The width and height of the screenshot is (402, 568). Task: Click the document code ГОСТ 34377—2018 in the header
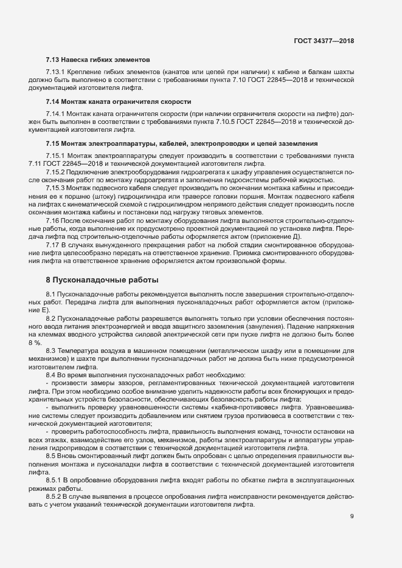point(324,41)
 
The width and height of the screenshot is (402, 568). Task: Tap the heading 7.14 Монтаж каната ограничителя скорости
point(119,101)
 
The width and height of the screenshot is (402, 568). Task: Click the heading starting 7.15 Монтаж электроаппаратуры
point(182,143)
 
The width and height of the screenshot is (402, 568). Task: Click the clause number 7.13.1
point(57,73)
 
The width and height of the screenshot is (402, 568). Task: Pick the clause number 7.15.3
point(57,188)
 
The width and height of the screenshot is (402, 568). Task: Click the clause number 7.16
point(54,221)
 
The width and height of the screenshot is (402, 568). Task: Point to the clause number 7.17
point(54,244)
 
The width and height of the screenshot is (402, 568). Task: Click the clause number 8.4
point(51,375)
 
